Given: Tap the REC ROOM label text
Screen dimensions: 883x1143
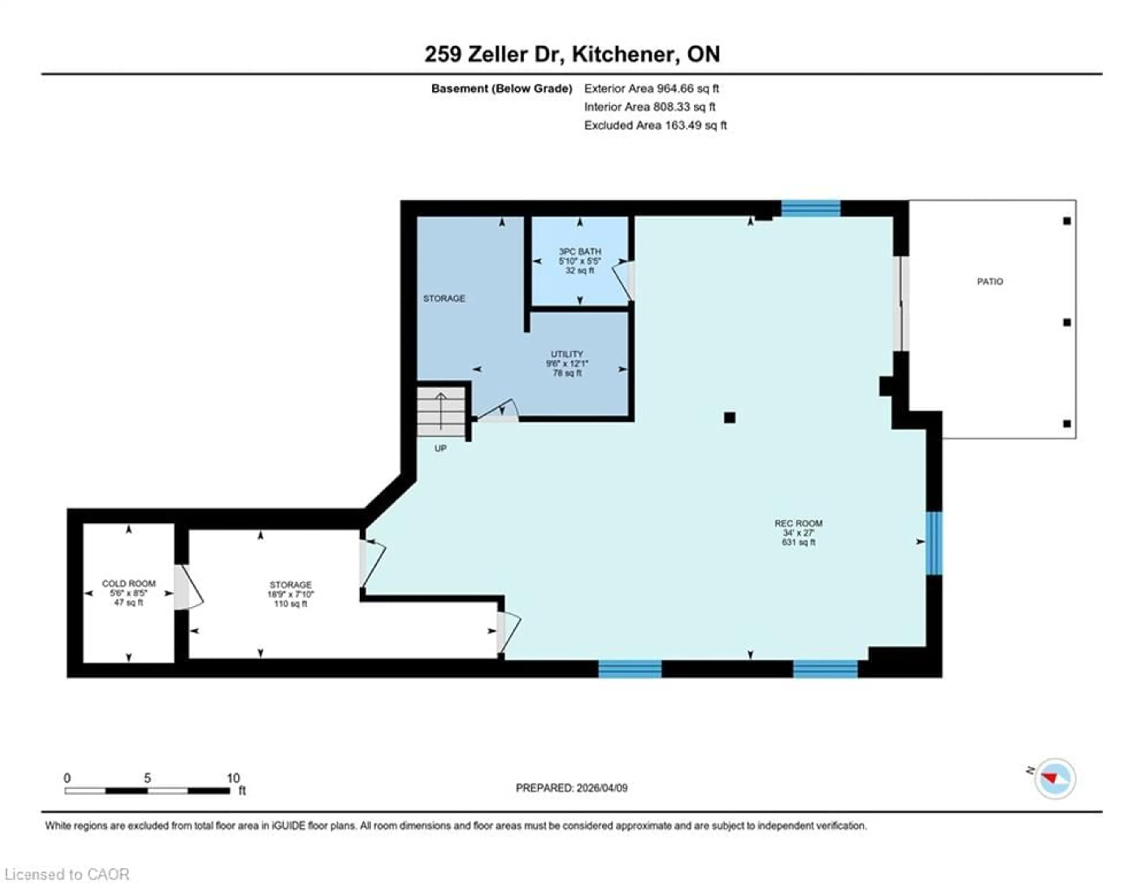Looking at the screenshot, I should (798, 523).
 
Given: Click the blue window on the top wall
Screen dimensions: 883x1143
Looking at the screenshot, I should (811, 209).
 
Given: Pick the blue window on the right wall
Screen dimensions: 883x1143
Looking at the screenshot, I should (934, 543).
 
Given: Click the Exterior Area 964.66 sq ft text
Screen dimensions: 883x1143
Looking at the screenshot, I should (651, 88).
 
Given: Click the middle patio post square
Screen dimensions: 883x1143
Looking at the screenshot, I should (1067, 323).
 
